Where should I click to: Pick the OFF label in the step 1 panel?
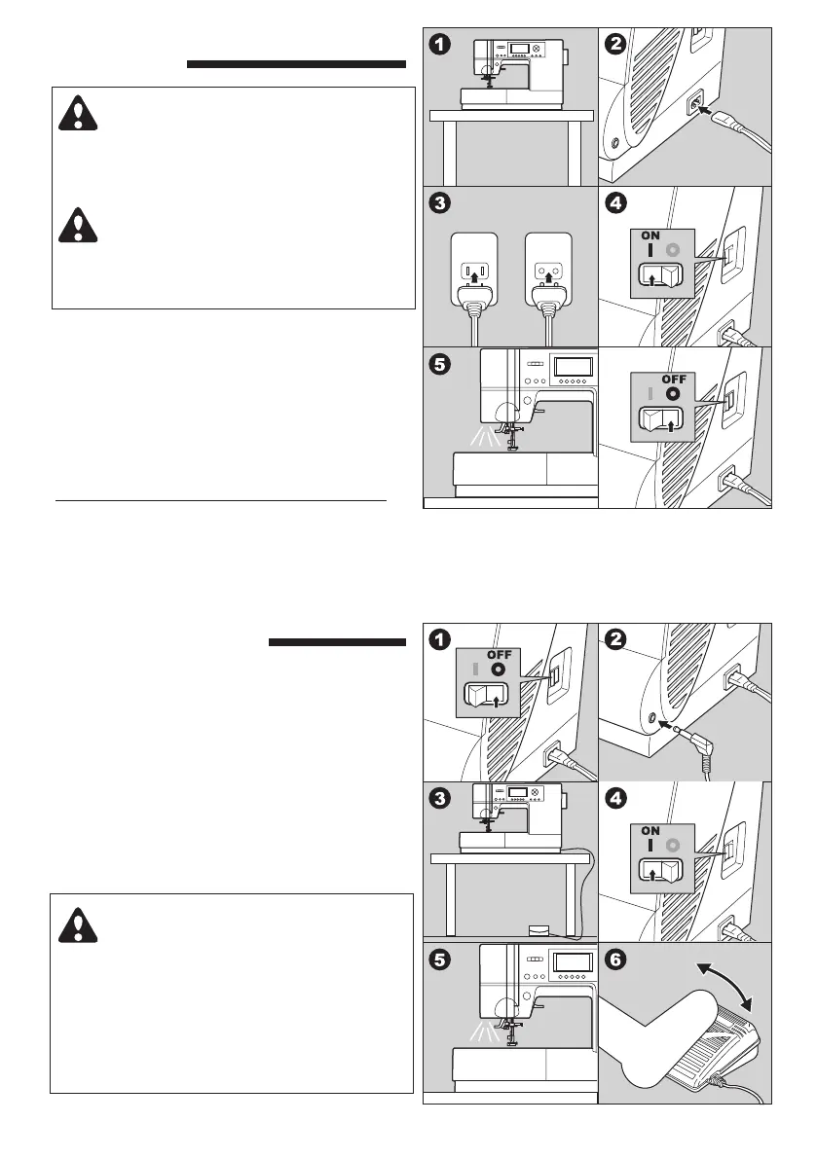pyautogui.click(x=500, y=654)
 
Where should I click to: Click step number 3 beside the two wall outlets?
pyautogui.click(x=441, y=204)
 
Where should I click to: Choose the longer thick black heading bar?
pyautogui.click(x=295, y=65)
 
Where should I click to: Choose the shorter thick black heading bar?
pyautogui.click(x=335, y=642)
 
